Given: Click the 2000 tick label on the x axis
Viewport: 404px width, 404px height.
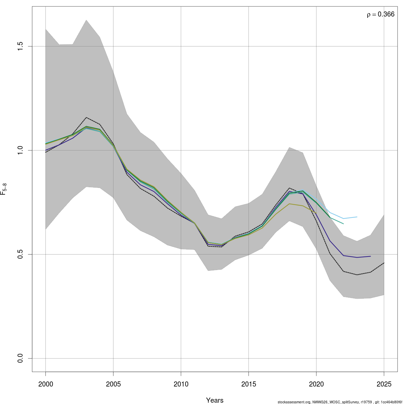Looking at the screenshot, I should click(45, 384).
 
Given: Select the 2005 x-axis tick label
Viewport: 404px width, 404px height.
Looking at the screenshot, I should click(113, 384).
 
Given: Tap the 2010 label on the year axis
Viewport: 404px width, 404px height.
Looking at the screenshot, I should click(181, 384).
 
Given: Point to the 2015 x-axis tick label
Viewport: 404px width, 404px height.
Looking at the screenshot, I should click(248, 384).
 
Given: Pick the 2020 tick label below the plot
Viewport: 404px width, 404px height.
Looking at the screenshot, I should click(316, 384).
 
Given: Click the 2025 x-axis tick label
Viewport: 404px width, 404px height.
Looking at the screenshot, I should click(384, 384).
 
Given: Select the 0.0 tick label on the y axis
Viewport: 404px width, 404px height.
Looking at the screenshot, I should click(21, 358).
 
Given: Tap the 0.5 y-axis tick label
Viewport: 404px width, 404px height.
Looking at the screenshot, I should click(21, 254).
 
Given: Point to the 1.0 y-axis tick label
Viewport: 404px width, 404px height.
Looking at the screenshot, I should click(21, 150).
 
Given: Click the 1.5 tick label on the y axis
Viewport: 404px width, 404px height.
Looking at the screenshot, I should click(21, 46).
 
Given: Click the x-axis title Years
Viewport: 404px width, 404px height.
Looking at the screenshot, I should click(215, 400).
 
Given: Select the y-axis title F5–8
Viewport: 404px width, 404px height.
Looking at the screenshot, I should click(4, 189).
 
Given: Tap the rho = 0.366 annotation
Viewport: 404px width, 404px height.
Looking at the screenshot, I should click(380, 14).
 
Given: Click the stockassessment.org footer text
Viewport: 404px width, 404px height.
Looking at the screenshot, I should click(340, 402).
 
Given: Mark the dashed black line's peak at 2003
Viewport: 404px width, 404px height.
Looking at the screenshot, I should click(86, 117).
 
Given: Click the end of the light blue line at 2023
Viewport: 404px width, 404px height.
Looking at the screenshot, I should click(357, 217).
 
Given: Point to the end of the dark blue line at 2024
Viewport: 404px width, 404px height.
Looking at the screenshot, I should click(370, 256).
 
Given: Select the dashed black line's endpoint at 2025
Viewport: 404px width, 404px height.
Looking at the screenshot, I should click(384, 263).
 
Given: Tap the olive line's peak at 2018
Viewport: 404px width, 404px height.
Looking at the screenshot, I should click(289, 204).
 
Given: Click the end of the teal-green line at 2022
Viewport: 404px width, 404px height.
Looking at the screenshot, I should click(343, 224).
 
